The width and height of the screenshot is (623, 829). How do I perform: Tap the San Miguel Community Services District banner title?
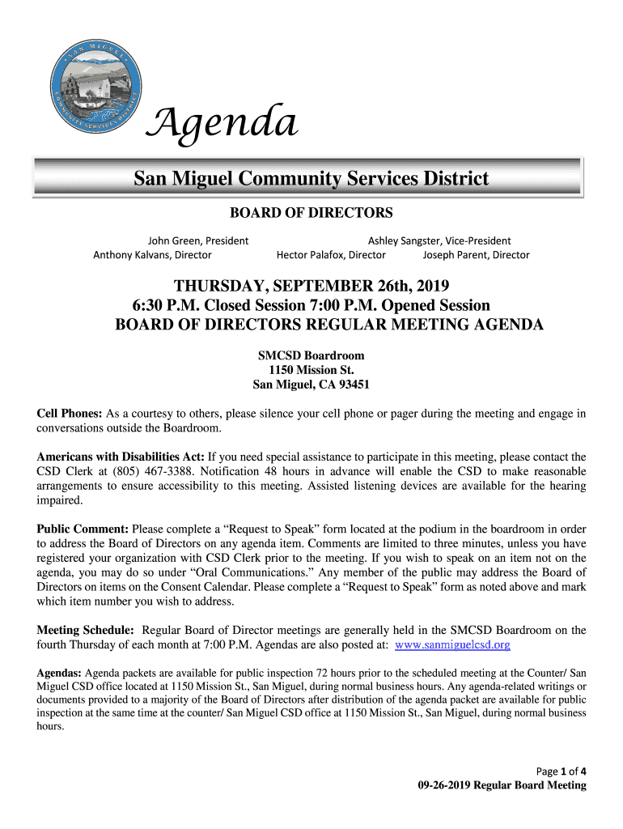[311, 178]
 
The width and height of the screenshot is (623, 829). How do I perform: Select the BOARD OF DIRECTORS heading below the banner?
[311, 213]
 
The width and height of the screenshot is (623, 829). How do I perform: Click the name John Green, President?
[197, 240]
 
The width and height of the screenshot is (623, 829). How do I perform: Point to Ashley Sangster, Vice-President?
[439, 240]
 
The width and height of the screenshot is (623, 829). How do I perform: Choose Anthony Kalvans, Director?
[152, 255]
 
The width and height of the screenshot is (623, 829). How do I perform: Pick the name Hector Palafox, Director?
[331, 255]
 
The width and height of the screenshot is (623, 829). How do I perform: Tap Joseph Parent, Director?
[476, 255]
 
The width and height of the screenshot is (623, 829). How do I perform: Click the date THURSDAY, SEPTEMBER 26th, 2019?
[311, 287]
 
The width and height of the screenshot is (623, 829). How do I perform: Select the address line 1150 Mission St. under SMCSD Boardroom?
[311, 370]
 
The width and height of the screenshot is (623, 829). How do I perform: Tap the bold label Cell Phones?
[70, 414]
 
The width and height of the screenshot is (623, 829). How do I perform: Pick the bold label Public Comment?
[83, 529]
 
